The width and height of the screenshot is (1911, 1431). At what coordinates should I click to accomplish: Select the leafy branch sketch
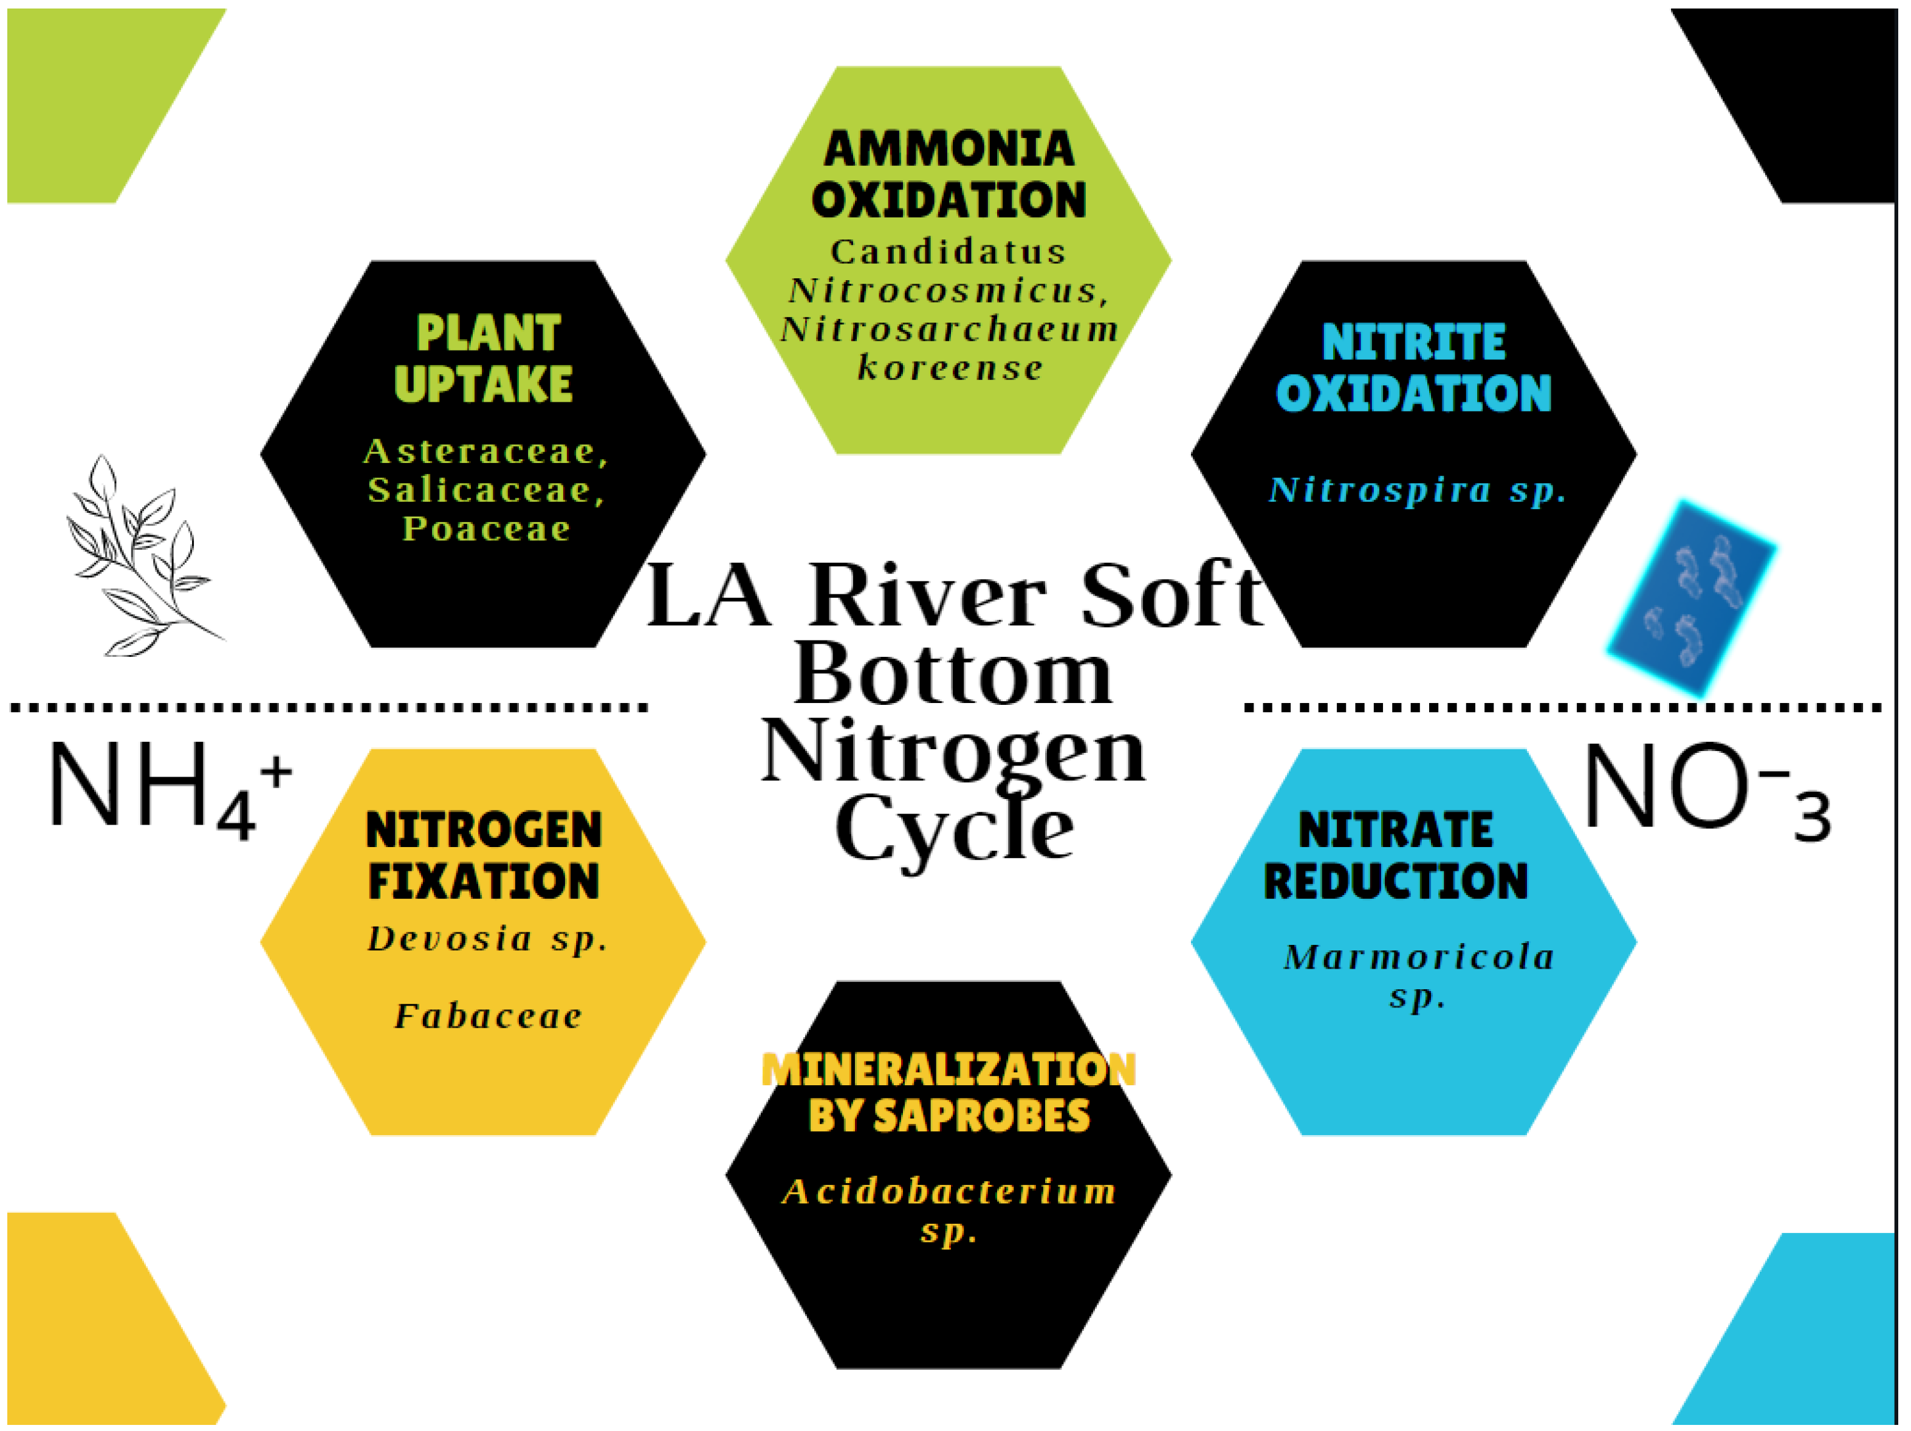tap(143, 557)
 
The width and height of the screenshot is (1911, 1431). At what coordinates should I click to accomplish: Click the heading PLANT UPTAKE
tap(484, 359)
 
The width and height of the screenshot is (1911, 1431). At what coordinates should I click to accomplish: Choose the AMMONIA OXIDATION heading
tap(949, 174)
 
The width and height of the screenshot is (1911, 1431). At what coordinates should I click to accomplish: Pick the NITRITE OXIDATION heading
tap(1413, 367)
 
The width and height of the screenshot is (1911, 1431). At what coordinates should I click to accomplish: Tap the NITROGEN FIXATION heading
tap(484, 856)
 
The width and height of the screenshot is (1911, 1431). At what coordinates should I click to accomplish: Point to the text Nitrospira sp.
tap(1417, 490)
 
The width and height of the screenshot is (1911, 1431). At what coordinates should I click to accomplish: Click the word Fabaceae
tap(488, 1016)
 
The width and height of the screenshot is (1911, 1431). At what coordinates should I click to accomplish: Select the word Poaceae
tap(486, 528)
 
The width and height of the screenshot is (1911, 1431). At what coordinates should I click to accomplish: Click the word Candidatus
tap(949, 252)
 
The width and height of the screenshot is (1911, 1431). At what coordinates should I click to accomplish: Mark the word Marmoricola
tap(1419, 956)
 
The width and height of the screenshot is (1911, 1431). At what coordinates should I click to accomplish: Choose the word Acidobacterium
tap(949, 1192)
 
